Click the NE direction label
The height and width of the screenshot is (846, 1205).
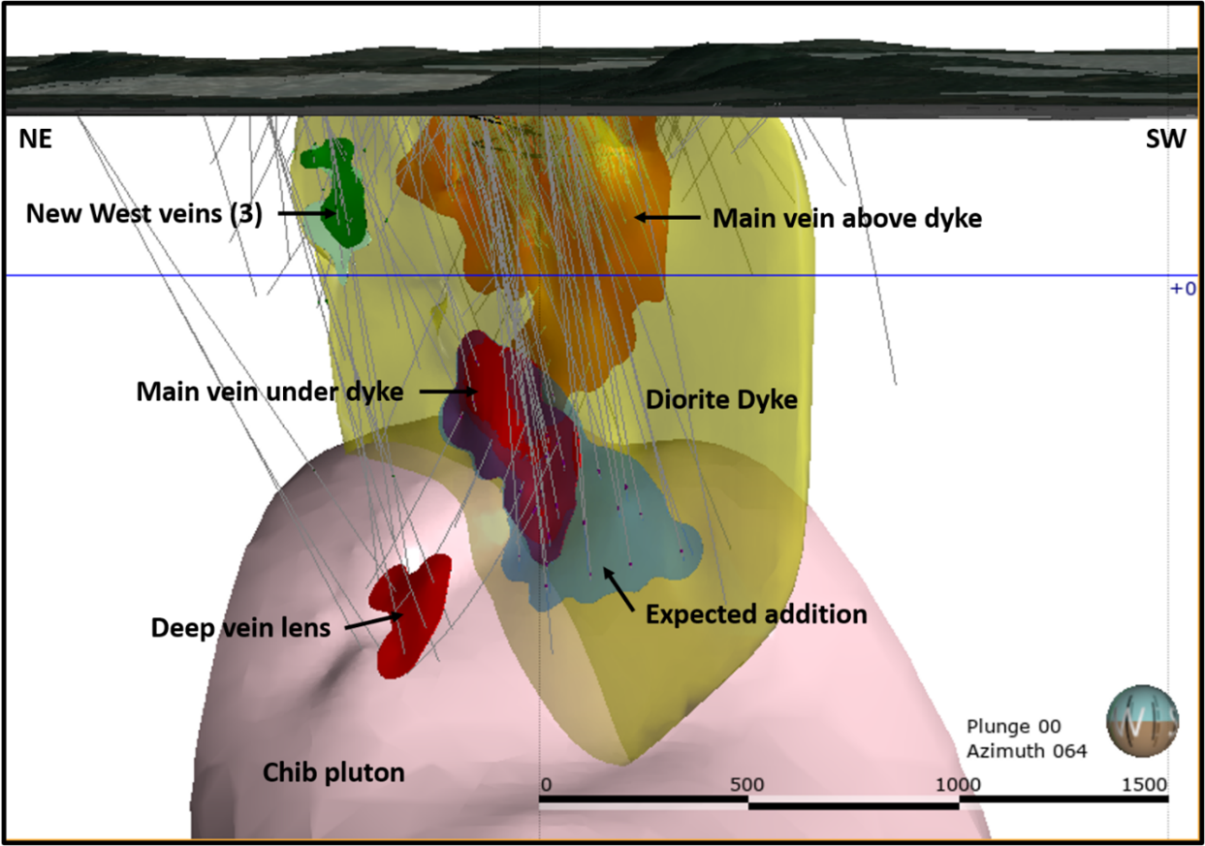tap(36, 139)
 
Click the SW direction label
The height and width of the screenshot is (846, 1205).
tap(1165, 139)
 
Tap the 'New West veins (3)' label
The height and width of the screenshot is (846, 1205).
tap(144, 214)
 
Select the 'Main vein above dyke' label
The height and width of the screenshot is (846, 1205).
tap(847, 218)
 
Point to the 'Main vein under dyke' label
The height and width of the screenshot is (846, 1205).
tap(270, 392)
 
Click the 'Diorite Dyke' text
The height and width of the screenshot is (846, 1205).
tap(721, 399)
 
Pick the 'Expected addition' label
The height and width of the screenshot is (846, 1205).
tap(756, 614)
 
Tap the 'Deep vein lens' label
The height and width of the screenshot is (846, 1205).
tap(240, 628)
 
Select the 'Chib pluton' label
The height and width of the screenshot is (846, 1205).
tap(333, 773)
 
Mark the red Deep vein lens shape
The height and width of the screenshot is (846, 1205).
tap(413, 615)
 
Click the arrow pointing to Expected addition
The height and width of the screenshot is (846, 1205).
tap(618, 589)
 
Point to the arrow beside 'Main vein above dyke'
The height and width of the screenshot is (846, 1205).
tap(667, 217)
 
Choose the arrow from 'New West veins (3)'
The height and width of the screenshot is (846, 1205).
tap(307, 213)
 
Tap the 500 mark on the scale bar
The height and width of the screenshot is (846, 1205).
tap(746, 785)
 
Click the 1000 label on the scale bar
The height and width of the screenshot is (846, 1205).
tap(958, 785)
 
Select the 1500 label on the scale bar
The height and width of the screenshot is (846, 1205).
tap(1144, 785)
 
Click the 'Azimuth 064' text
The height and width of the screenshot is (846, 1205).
tap(1027, 751)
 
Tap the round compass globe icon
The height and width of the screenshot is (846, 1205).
tap(1143, 721)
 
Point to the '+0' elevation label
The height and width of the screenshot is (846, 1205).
tap(1183, 289)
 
